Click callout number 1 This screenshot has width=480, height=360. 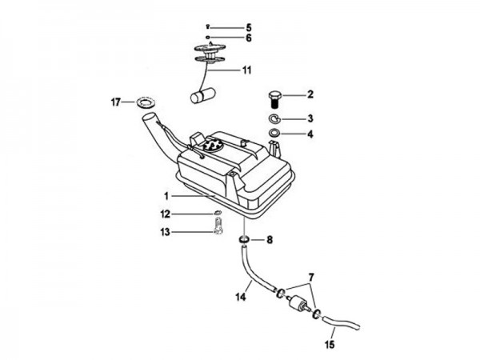[x=166, y=196]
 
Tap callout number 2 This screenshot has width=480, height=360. [x=310, y=94]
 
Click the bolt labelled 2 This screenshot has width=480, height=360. [x=273, y=99]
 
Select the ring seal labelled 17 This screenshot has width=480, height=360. [x=146, y=102]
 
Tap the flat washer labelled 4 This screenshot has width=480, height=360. [x=274, y=133]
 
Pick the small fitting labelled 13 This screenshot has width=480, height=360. [x=217, y=228]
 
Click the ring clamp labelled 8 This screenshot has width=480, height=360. [x=242, y=240]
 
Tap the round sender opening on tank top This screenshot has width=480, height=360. [x=210, y=146]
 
